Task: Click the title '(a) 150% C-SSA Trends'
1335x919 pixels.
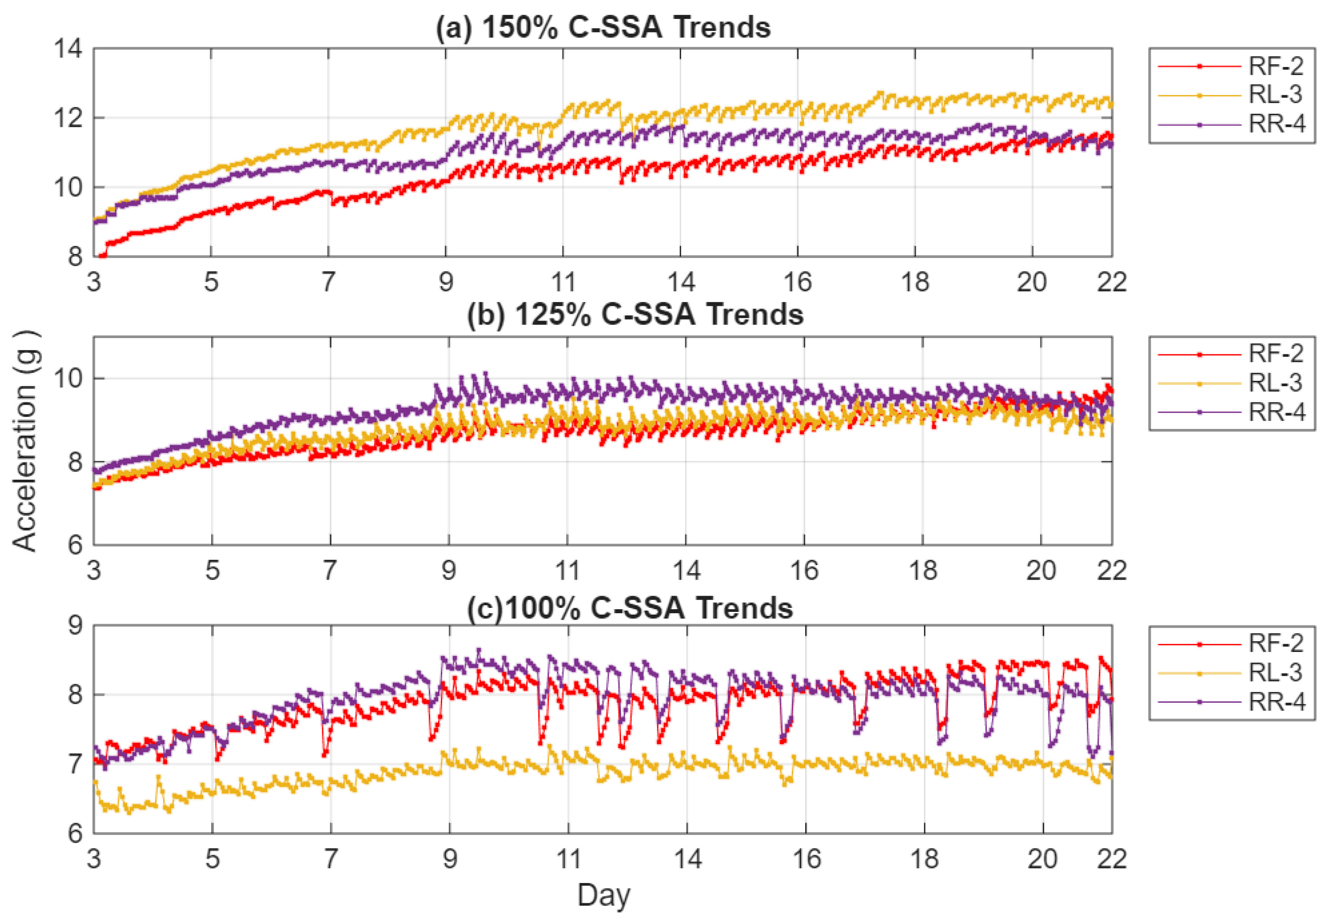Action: (603, 27)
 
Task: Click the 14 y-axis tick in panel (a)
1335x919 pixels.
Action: (68, 49)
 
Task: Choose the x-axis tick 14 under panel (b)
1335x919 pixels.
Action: (686, 571)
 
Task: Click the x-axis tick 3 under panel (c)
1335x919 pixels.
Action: (94, 859)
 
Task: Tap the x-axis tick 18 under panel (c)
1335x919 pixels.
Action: (924, 859)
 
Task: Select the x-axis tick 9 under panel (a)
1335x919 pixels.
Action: (446, 282)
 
